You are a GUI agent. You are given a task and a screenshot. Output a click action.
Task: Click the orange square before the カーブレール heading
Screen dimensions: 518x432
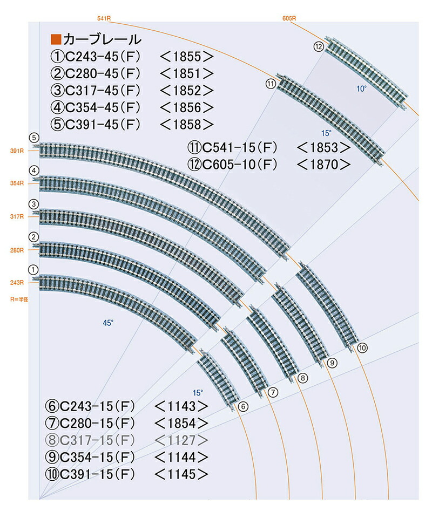pos(55,39)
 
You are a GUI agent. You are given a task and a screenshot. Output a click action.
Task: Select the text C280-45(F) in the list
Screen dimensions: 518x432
pos(100,73)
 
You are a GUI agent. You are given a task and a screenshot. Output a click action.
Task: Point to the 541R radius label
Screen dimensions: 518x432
pos(104,18)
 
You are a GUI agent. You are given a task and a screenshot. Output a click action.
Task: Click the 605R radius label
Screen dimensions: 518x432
pos(289,18)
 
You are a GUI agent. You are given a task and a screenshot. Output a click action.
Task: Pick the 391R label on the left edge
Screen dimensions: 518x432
pos(17,151)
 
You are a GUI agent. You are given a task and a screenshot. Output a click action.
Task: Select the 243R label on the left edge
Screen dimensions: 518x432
pos(17,283)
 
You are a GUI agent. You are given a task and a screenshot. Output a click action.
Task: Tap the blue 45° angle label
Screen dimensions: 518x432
pos(109,323)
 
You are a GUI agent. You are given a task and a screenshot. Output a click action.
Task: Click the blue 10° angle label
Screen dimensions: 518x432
pos(361,88)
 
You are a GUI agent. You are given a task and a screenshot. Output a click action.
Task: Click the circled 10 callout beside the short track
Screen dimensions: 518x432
pos(362,347)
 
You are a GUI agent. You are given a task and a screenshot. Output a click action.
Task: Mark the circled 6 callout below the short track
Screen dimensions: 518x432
pos(242,406)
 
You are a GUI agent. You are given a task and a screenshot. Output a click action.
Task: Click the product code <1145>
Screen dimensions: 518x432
pos(181,474)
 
